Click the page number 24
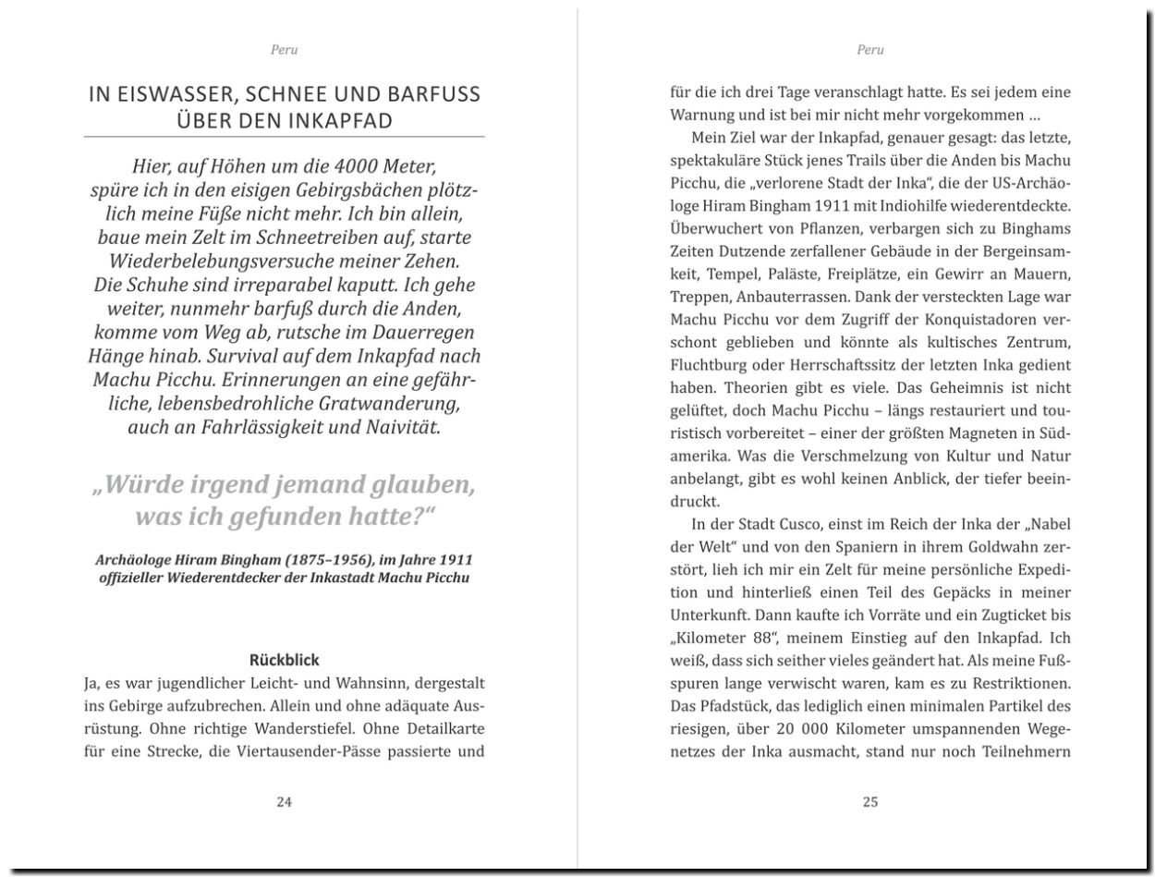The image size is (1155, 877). (285, 802)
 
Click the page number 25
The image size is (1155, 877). (870, 802)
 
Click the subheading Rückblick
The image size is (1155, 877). (285, 660)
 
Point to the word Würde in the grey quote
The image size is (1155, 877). (144, 485)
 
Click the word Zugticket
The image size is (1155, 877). (975, 615)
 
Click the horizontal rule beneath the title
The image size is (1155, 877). (285, 137)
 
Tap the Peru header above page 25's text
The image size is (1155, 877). (870, 50)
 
